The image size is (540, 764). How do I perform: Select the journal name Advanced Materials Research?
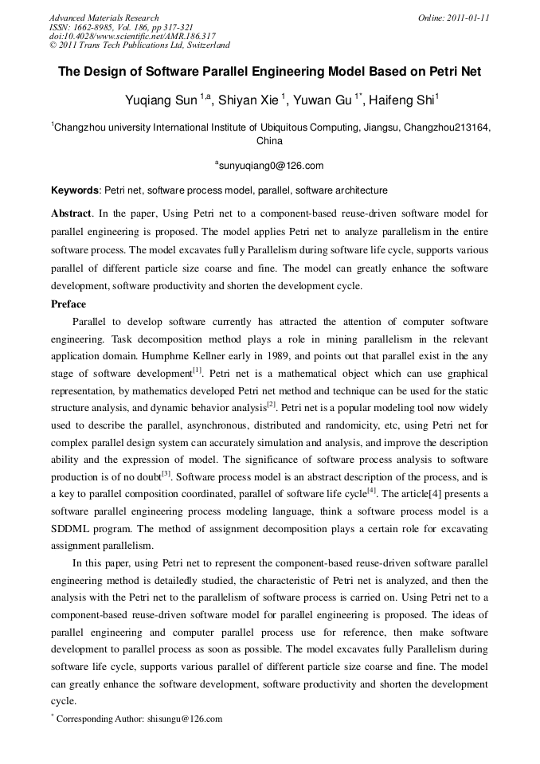[x=104, y=18]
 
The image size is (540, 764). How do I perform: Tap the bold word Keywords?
[x=76, y=190]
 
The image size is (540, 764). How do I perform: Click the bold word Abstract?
[x=72, y=214]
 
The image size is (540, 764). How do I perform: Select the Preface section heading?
[x=68, y=304]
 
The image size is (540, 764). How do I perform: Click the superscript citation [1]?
[x=198, y=371]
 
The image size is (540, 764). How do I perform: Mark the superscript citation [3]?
[x=166, y=474]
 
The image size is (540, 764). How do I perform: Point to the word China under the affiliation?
[x=269, y=141]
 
